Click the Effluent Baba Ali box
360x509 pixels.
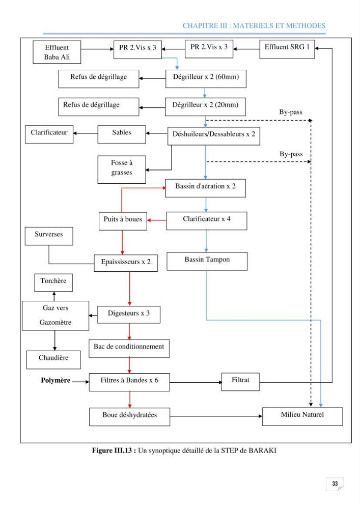click(57, 52)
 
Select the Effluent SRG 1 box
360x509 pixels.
click(287, 49)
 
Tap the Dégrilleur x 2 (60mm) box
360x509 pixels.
click(206, 78)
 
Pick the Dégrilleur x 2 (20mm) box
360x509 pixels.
click(205, 107)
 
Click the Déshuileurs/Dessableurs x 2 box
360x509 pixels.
click(213, 136)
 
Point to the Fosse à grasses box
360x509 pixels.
click(122, 169)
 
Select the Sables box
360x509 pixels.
click(122, 134)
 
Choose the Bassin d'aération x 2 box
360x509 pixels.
click(205, 188)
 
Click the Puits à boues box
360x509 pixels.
click(123, 221)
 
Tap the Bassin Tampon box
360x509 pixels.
click(207, 261)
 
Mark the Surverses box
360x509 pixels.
click(49, 236)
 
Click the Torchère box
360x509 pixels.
click(53, 282)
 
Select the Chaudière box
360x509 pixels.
click(53, 360)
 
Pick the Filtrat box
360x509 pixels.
click(240, 382)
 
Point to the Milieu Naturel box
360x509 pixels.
click(302, 416)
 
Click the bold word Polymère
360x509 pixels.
click(56, 380)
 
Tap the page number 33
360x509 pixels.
click(335, 484)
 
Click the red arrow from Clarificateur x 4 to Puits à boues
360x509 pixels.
click(157, 220)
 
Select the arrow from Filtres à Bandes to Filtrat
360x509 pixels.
click(196, 382)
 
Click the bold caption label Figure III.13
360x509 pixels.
click(114, 450)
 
